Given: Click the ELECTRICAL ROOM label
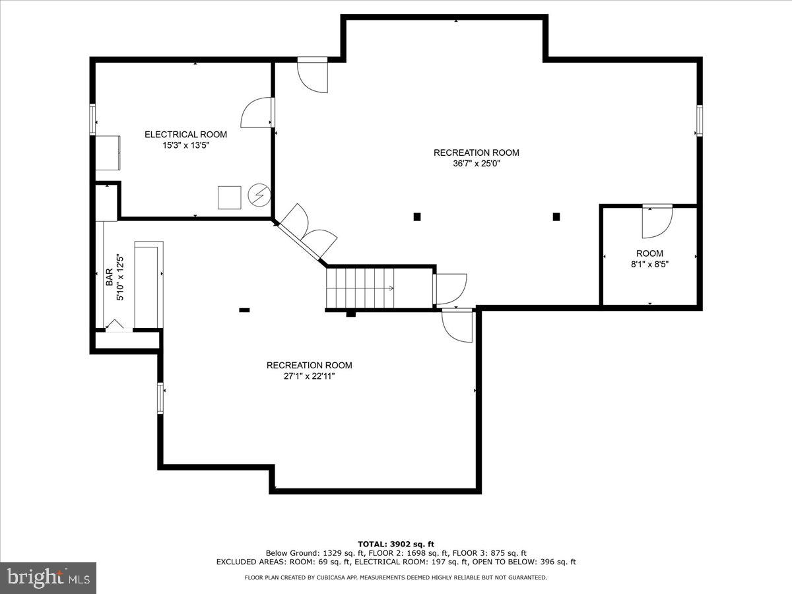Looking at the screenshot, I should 185,135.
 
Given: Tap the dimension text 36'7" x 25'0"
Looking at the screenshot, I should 476,164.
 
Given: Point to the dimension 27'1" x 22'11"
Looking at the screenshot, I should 309,376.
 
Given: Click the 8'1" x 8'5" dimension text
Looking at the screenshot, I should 649,265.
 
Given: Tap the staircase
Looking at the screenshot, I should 360,288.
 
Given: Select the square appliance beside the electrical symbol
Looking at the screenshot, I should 230,197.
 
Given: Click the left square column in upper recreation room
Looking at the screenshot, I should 416,216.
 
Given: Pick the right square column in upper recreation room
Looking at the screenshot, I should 556,216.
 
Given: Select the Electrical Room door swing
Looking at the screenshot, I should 257,113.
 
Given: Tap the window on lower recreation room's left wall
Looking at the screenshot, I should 160,398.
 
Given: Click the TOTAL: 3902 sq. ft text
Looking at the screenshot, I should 396,544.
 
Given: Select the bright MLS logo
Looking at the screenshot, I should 48,577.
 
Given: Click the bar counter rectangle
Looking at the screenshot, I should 148,285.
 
